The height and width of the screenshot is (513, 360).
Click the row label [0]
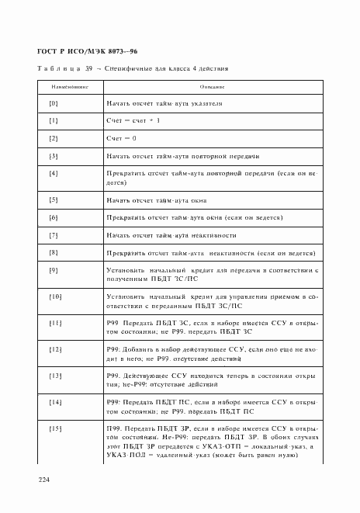click(54, 103)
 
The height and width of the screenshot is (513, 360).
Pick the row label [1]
click(54, 121)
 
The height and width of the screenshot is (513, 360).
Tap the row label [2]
click(54, 138)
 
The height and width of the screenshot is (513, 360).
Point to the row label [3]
click(54, 156)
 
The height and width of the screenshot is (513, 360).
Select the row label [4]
click(54, 173)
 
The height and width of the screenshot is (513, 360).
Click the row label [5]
click(54, 199)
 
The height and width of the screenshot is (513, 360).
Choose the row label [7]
click(54, 234)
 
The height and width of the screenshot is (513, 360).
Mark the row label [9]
click(54, 269)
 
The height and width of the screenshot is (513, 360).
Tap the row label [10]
click(55, 296)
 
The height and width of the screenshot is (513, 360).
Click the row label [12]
click(55, 350)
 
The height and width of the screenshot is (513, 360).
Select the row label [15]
click(55, 429)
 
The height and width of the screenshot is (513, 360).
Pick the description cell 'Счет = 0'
click(121, 138)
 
